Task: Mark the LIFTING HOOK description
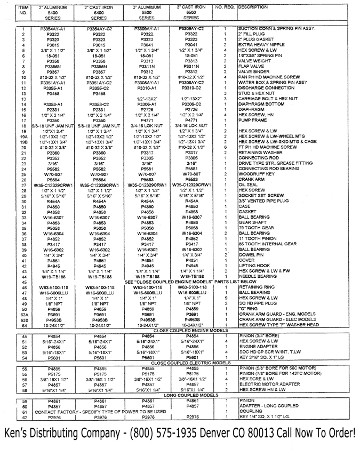click(254, 265)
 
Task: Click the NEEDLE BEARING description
click(258, 276)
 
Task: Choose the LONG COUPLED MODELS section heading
click(186, 395)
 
